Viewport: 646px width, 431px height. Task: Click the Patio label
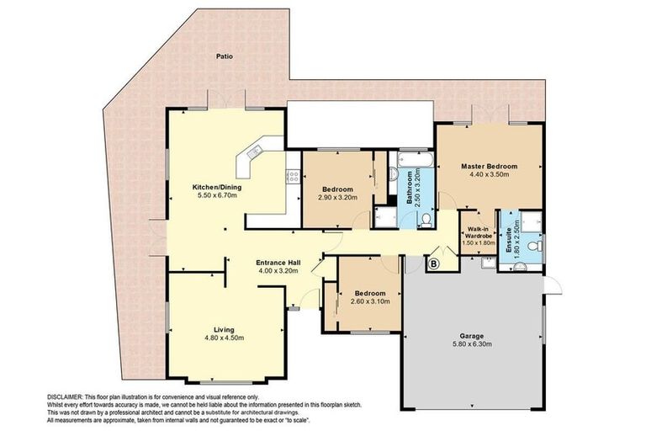point(223,57)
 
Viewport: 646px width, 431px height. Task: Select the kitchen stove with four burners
point(294,176)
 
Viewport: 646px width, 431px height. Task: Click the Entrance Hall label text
point(278,263)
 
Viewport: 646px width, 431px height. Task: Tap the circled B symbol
point(433,264)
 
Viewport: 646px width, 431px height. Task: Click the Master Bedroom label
point(489,166)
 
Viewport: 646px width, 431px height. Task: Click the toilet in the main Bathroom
point(426,220)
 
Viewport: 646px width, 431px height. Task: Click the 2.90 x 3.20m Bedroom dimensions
point(336,198)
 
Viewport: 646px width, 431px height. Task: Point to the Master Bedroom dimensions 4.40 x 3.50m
point(489,175)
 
